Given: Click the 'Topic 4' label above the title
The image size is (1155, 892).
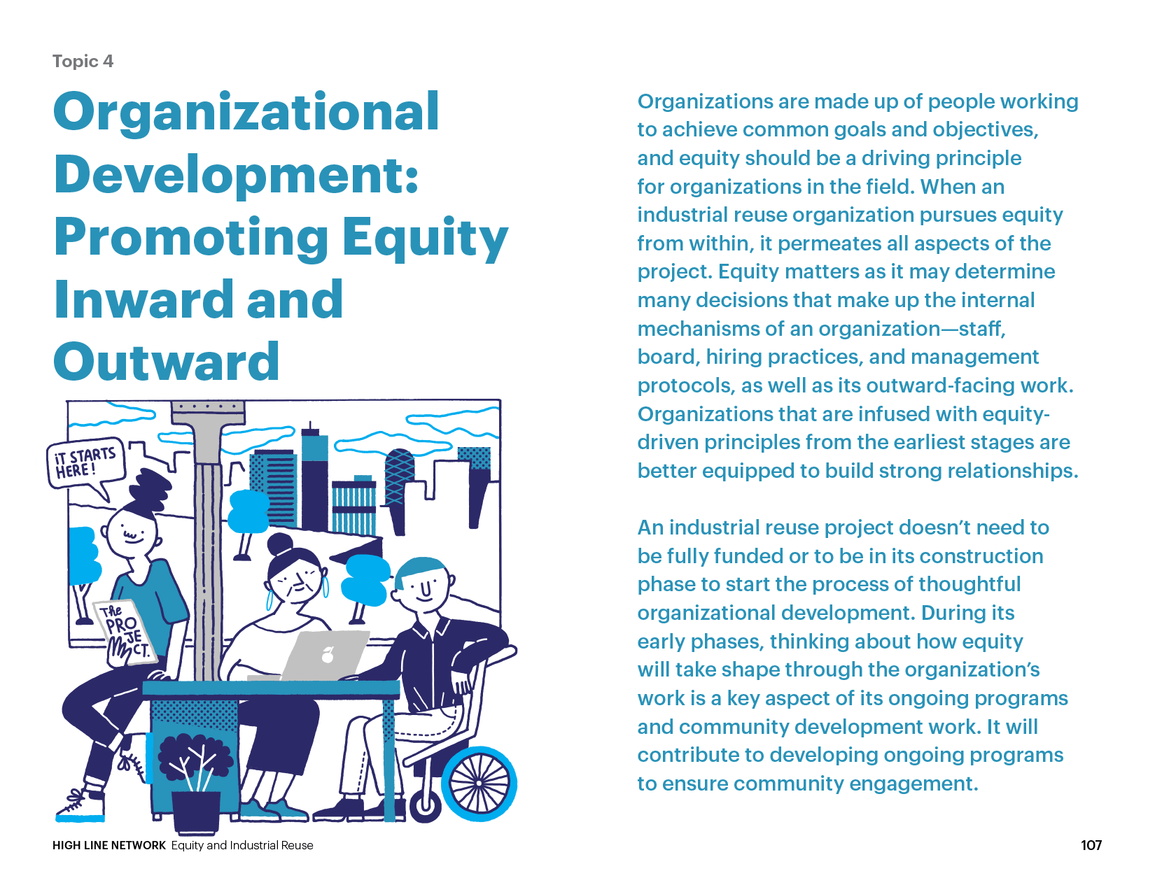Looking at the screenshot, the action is [83, 61].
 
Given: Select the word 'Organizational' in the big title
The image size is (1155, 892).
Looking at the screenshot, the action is [246, 113].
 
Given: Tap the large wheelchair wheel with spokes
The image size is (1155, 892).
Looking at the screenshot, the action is [479, 783].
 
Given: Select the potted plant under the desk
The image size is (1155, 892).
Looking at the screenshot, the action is [195, 781].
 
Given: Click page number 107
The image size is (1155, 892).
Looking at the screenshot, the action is [1091, 845].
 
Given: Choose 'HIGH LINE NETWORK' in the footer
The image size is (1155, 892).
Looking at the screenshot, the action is [109, 845].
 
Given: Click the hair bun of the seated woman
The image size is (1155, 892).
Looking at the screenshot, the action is [280, 545].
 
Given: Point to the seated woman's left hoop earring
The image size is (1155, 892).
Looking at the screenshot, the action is [269, 600].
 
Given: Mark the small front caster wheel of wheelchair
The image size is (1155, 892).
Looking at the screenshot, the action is [425, 806].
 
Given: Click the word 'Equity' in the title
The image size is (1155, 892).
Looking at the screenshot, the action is [425, 238].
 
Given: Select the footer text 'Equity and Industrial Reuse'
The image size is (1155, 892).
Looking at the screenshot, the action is [242, 845].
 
